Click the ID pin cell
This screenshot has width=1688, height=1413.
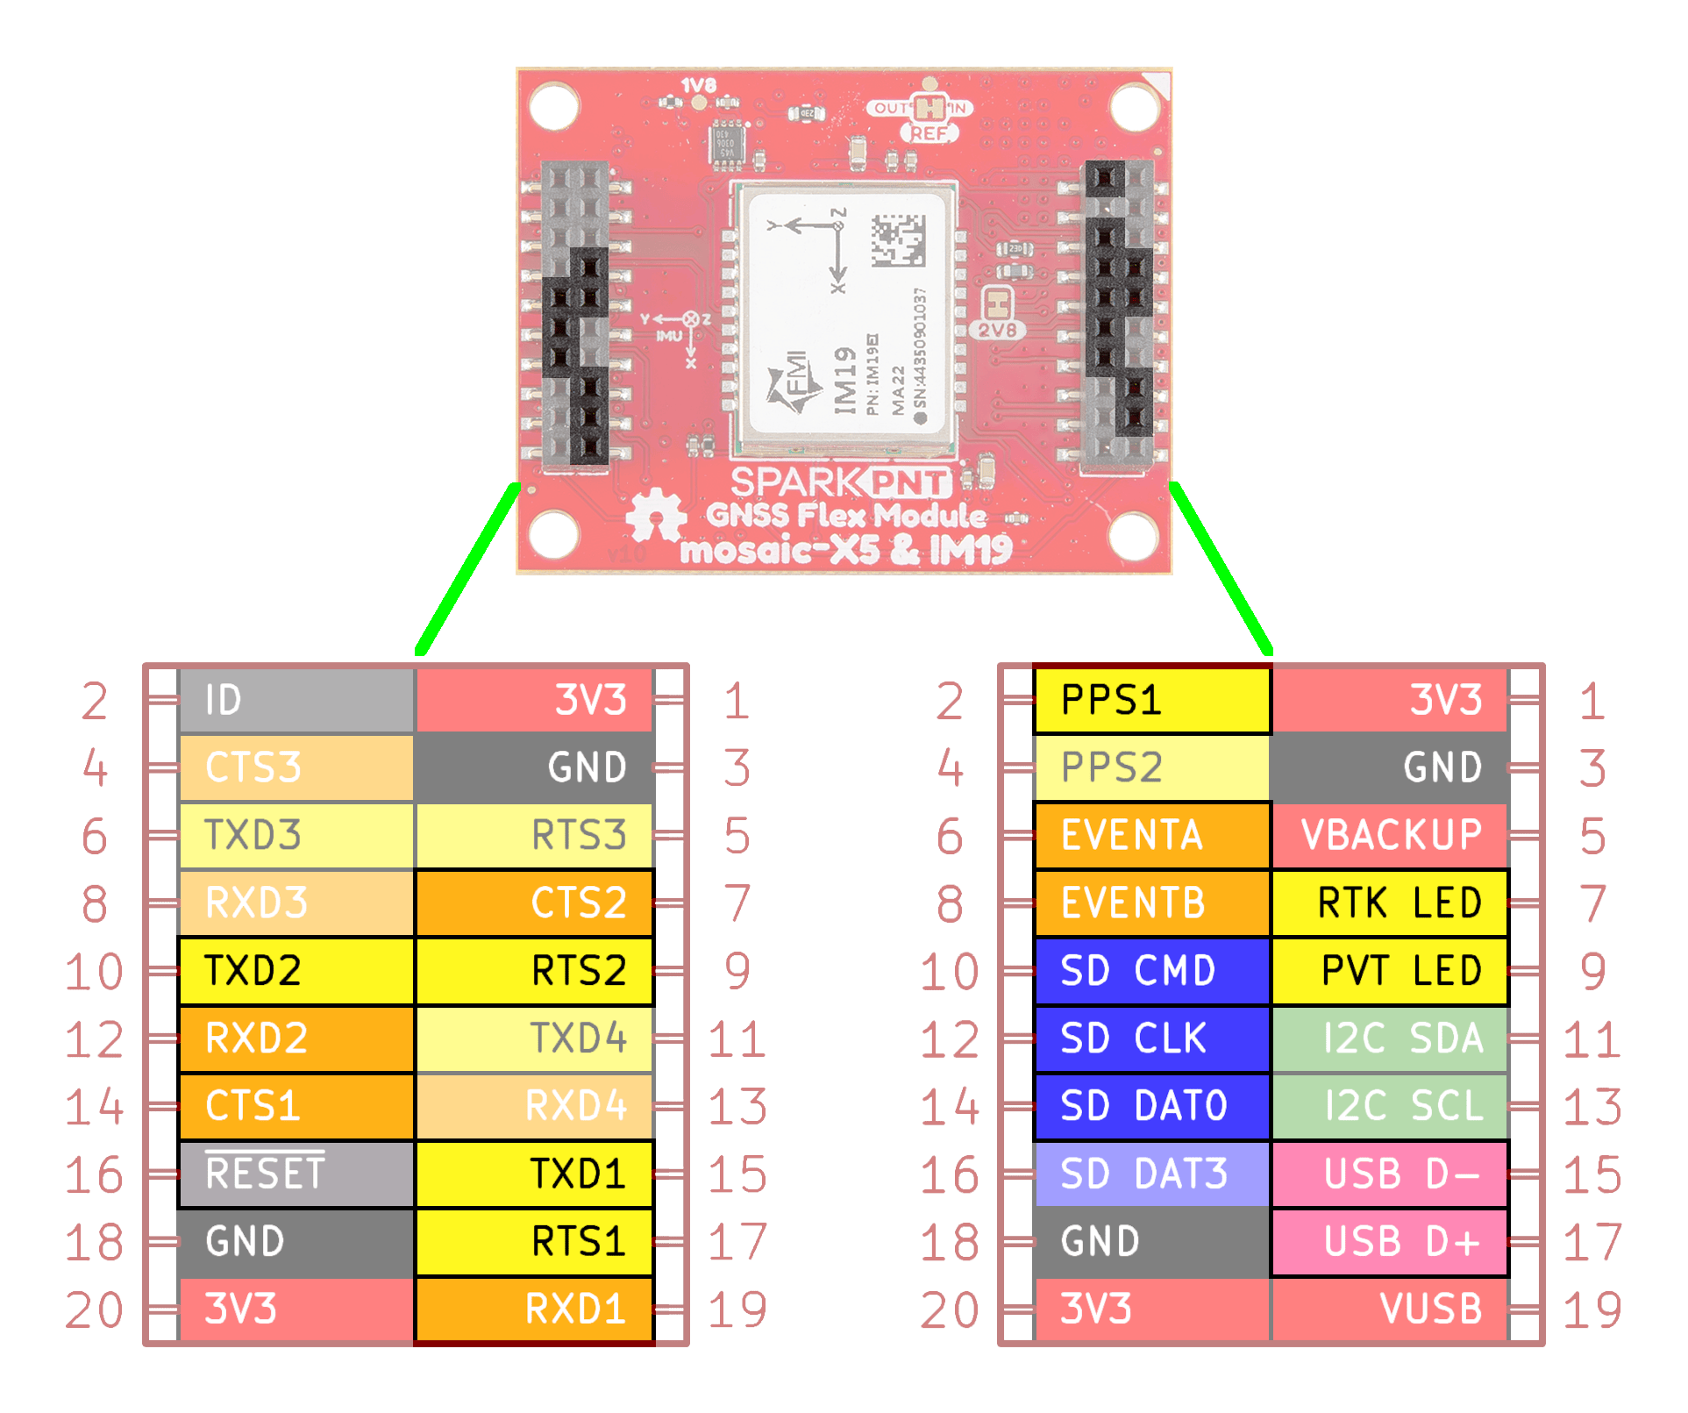[x=296, y=700]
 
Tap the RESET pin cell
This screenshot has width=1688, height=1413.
[x=296, y=1174]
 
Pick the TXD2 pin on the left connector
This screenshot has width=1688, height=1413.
[x=296, y=971]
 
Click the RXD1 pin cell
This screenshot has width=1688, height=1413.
[x=535, y=1309]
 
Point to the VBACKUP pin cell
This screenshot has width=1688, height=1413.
[x=1390, y=835]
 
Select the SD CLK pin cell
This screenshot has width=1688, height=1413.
[x=1151, y=1038]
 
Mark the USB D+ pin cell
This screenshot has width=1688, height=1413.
[x=1390, y=1241]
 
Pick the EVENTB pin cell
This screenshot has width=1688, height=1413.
[x=1151, y=903]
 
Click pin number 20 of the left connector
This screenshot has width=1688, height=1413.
[x=94, y=1310]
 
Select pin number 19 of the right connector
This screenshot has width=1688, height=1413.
[x=1592, y=1310]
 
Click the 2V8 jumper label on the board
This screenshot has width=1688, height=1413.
[x=998, y=331]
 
